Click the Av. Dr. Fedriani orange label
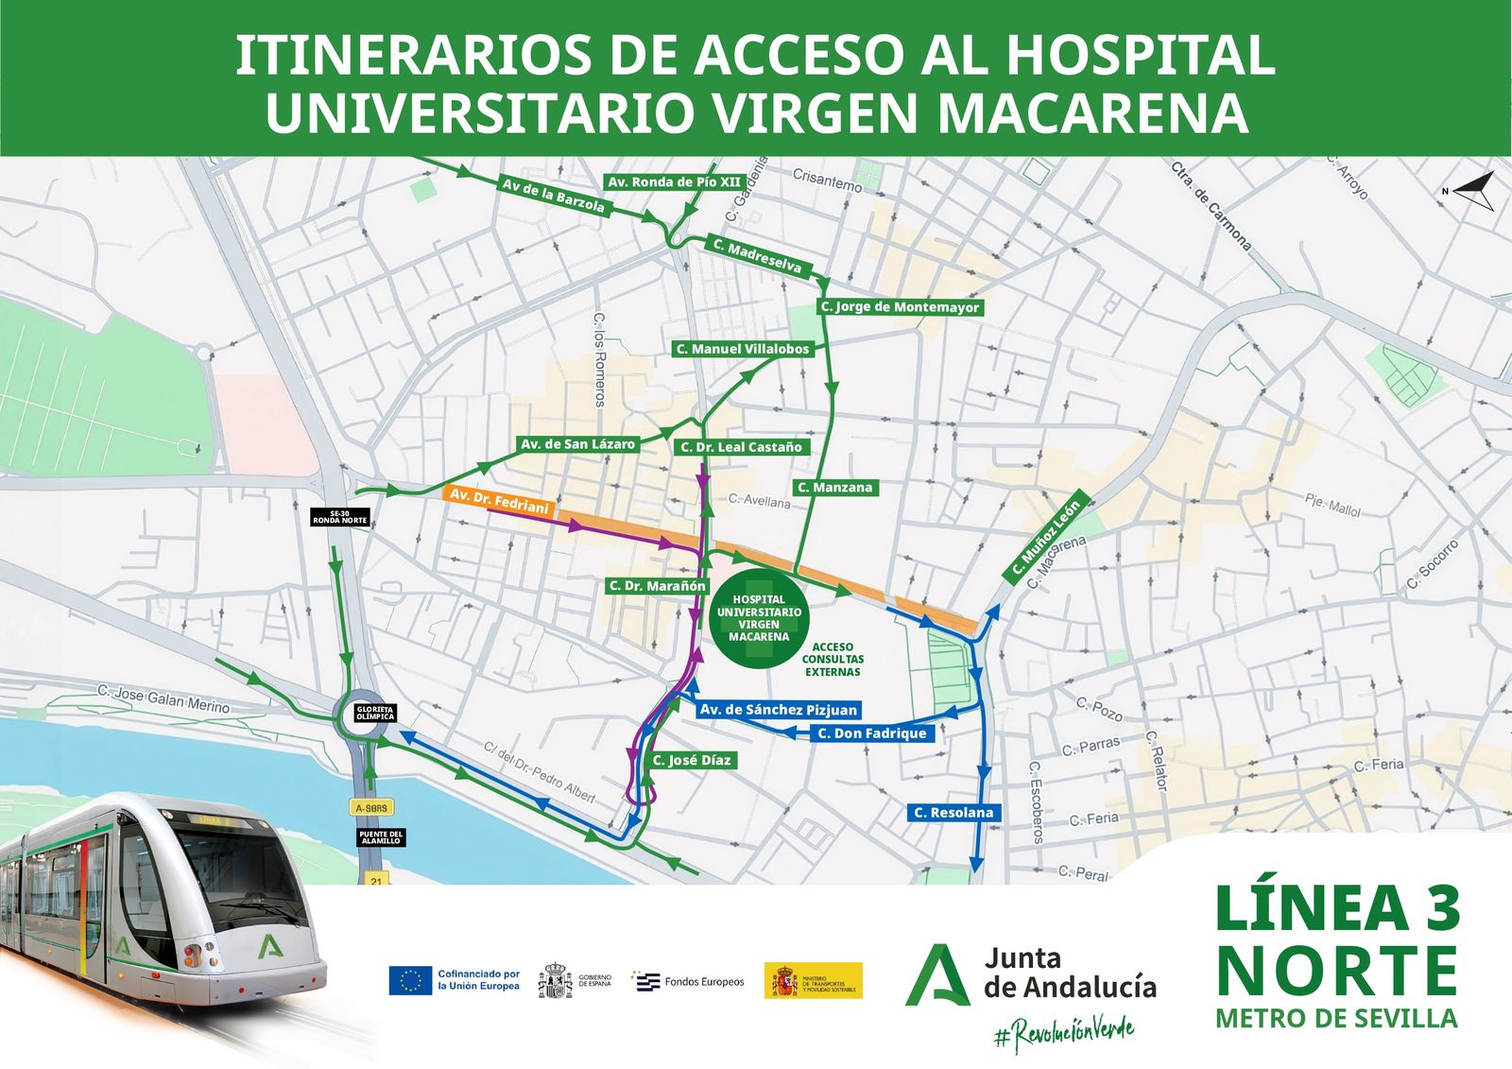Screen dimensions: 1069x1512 coord(499,501)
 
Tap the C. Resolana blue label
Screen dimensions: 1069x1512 coord(954,813)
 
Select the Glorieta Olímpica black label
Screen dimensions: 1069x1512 coord(374,714)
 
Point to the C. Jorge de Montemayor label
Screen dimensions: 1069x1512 coord(900,307)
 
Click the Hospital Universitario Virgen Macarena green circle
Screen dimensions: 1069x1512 coord(759,617)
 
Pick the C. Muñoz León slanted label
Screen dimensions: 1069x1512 coord(1045,538)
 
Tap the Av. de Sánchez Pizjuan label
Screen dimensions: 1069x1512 coord(778,710)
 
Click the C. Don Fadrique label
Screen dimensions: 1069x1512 coord(872,733)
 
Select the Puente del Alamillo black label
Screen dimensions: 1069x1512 coord(382,837)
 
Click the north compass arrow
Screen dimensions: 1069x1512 coord(1472,191)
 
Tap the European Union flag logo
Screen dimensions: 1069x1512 coord(411,980)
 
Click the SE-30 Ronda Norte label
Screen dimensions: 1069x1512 coord(340,517)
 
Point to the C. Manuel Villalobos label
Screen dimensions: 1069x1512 coord(742,350)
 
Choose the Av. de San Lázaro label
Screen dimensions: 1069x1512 coord(577,444)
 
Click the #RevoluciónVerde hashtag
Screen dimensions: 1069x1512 coord(1064,1032)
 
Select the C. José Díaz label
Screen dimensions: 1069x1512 coord(691,760)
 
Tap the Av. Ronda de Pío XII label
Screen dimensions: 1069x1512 coord(674,182)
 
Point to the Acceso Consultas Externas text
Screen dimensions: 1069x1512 coord(833,660)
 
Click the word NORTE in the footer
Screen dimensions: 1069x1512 coord(1336,971)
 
